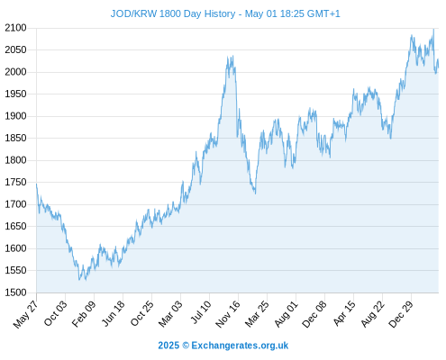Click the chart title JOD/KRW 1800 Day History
tap(173, 13)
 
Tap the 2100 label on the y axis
tap(15, 28)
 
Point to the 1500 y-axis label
tap(15, 292)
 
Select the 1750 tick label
tap(15, 182)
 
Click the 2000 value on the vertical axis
tap(15, 72)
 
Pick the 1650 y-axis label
tap(15, 226)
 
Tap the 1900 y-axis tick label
tap(15, 116)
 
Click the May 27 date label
tap(25, 314)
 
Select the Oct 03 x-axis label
tap(55, 313)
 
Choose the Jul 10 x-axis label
tap(201, 312)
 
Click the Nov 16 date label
tap(228, 314)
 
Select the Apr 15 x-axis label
tap(344, 313)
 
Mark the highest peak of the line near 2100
tap(433, 30)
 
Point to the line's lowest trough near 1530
tap(79, 280)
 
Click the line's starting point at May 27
tap(37, 184)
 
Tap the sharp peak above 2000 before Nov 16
tap(232, 56)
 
